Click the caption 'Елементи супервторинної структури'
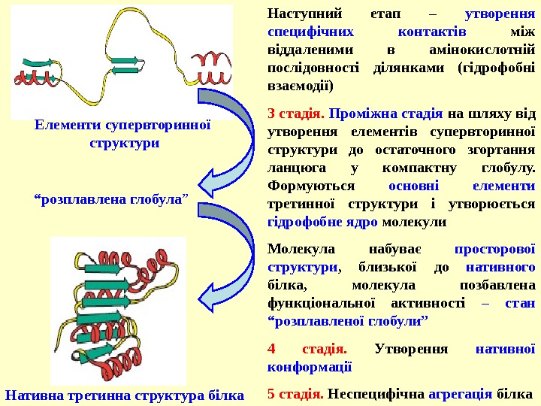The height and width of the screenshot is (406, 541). click(124, 133)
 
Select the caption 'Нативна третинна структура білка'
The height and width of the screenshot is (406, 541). click(125, 394)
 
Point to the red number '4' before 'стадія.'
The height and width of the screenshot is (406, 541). click(272, 350)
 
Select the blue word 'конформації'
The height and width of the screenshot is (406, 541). click(309, 368)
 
